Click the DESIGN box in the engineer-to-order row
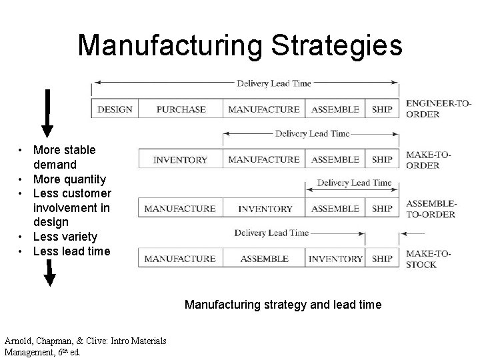[115, 109]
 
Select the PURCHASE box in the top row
[181, 109]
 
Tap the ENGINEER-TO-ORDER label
[438, 109]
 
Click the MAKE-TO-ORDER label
[428, 160]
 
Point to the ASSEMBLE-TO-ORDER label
[430, 209]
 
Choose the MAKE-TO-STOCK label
[429, 259]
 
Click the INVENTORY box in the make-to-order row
[180, 160]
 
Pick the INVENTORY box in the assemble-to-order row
[265, 209]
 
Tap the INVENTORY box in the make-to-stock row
[336, 259]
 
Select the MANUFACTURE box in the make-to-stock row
[180, 259]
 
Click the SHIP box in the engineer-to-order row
[382, 109]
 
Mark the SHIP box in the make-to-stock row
[382, 259]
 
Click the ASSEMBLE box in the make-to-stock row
[265, 259]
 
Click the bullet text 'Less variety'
[65, 237]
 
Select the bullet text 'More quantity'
[69, 179]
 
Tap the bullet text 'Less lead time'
[71, 251]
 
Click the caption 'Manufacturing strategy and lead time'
[283, 305]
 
